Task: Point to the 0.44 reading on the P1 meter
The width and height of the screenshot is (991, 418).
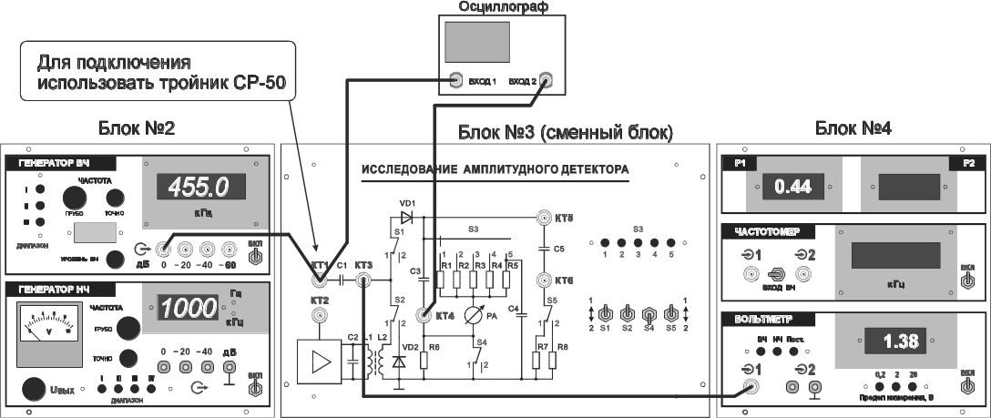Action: click(792, 187)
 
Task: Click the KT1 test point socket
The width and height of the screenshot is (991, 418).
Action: click(320, 280)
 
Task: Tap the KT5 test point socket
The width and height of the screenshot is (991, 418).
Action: click(542, 219)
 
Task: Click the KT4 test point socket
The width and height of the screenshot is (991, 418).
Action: click(424, 316)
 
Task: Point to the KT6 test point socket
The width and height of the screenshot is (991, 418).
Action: click(542, 280)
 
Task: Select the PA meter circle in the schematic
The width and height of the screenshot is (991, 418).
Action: click(469, 315)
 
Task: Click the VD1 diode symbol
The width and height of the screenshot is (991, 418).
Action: click(406, 218)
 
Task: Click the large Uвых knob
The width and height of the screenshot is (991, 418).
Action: click(35, 389)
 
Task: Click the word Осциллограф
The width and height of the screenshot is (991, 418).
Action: click(493, 7)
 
